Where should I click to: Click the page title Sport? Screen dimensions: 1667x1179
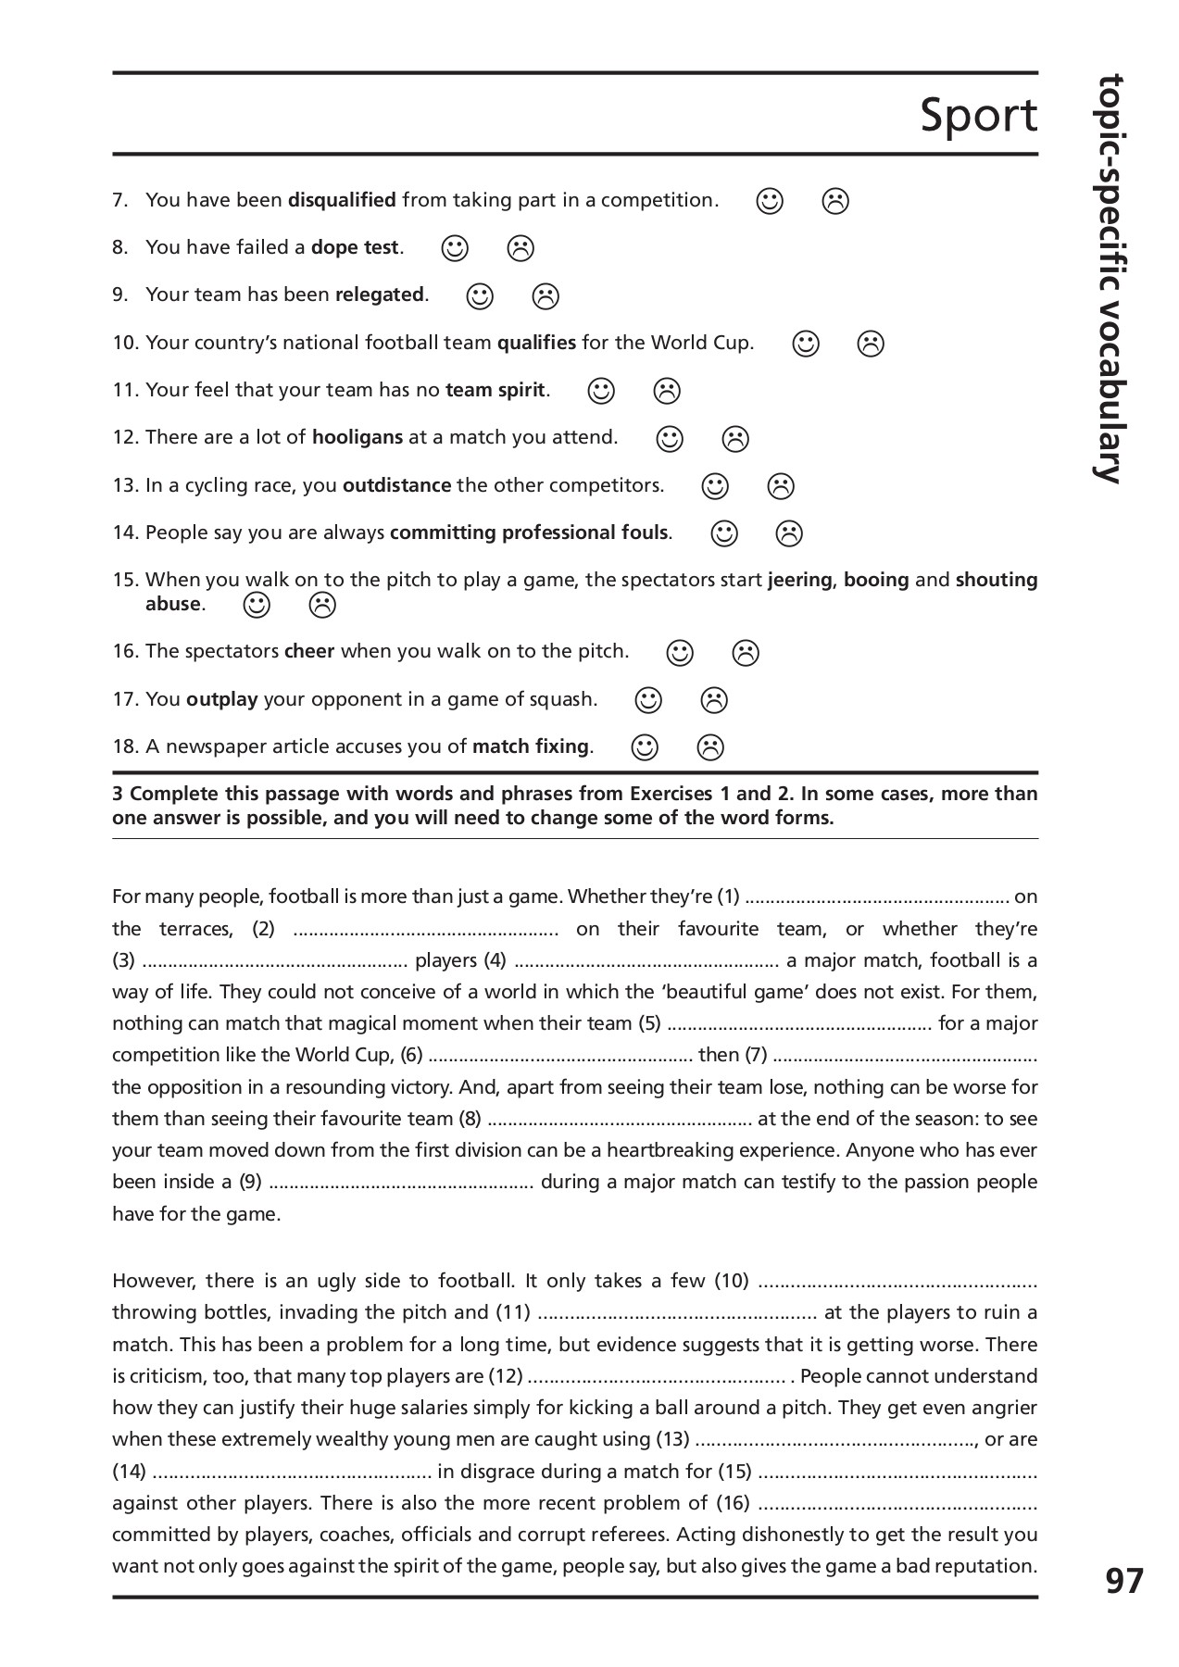(978, 117)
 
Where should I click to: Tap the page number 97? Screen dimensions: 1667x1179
(1124, 1581)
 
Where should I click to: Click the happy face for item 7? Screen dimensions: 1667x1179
(770, 201)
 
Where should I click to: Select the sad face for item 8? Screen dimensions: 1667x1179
(521, 248)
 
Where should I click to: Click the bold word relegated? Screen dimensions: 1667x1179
(379, 295)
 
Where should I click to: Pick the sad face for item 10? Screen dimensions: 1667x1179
(871, 344)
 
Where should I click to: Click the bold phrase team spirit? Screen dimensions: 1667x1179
(495, 390)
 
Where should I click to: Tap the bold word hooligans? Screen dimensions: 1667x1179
(357, 437)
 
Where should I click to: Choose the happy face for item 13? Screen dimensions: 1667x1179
(715, 485)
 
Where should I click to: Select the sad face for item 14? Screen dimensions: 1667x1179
(789, 533)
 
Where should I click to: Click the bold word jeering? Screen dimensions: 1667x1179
(799, 580)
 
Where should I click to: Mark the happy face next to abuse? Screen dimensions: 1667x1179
(257, 605)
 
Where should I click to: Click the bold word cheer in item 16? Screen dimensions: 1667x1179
(309, 651)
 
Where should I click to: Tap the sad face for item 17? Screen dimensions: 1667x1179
(714, 700)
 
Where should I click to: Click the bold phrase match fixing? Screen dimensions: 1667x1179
(531, 746)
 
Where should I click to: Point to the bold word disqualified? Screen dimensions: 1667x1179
(342, 200)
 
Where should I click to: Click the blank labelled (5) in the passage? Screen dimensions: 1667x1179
(798, 1024)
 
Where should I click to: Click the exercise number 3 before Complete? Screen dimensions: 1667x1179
(118, 794)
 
